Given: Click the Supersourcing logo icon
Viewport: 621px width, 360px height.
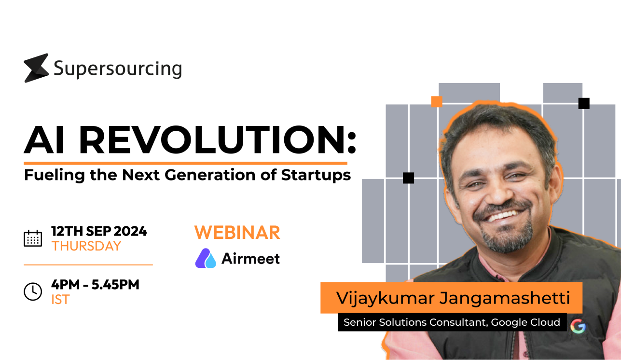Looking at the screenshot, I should click(36, 68).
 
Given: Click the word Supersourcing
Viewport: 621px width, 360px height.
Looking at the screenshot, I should click(117, 69).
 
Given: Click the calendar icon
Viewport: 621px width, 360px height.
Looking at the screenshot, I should click(33, 238).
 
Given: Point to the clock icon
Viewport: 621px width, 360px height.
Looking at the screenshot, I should click(33, 291).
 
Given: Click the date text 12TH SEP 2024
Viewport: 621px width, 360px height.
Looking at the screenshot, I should click(99, 231).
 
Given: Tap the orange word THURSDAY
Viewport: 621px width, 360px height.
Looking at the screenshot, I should click(86, 246).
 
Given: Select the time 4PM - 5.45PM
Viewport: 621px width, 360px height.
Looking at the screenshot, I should click(95, 285).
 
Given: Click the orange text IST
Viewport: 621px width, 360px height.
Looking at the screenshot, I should click(60, 300).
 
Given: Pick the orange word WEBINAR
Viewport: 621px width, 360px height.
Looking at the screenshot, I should click(237, 233).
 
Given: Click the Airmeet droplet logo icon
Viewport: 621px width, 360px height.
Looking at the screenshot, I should click(206, 258).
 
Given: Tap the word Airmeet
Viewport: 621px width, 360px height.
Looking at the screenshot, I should click(250, 259).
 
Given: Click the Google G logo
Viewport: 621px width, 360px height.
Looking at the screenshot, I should click(578, 327).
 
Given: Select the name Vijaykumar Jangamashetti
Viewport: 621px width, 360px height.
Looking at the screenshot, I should click(453, 298).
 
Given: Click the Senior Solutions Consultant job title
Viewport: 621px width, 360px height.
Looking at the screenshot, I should click(452, 322).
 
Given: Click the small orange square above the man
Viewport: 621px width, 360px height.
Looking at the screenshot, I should click(437, 101).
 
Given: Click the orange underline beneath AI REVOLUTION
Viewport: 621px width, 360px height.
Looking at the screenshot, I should click(185, 163).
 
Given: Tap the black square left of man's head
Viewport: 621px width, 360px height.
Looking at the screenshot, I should click(408, 178).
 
